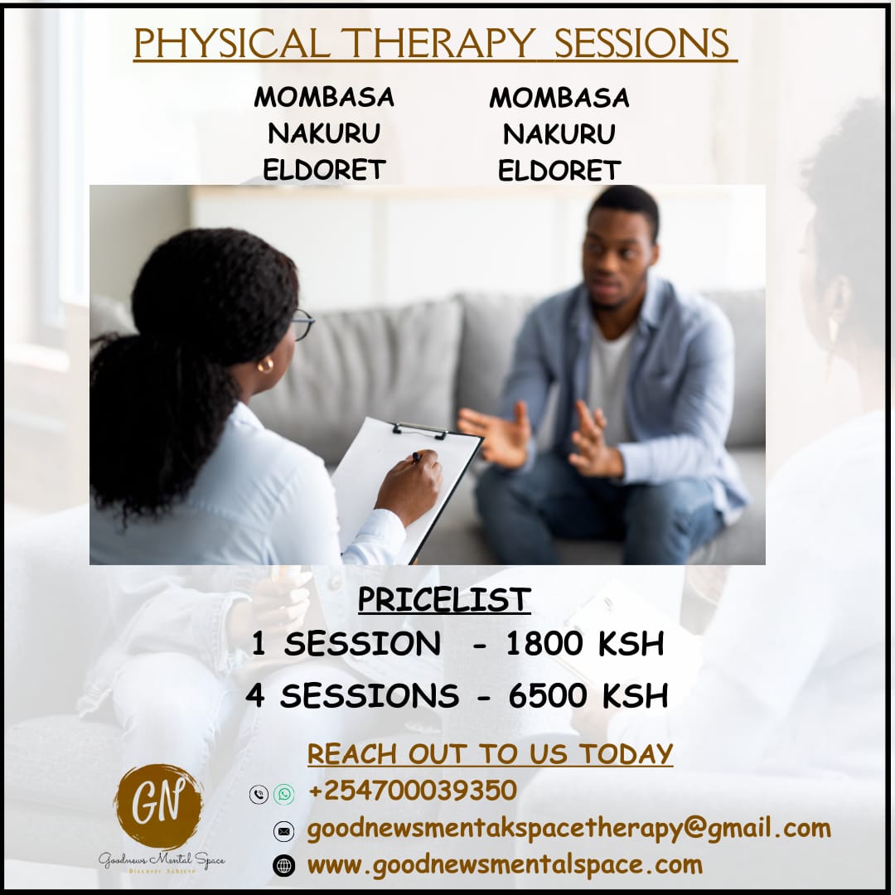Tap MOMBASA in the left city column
(324, 97)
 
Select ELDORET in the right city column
(559, 170)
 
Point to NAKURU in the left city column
(324, 133)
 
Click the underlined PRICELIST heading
(445, 599)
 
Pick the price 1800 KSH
(585, 643)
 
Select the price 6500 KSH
(588, 696)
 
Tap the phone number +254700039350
(413, 791)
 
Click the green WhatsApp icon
(283, 794)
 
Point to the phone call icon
(259, 794)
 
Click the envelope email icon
(283, 831)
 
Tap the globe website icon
(283, 866)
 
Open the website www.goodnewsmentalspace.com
(506, 865)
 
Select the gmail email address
(569, 829)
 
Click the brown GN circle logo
(158, 806)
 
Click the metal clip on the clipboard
(420, 430)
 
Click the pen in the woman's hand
(417, 457)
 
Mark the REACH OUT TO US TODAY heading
(491, 754)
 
